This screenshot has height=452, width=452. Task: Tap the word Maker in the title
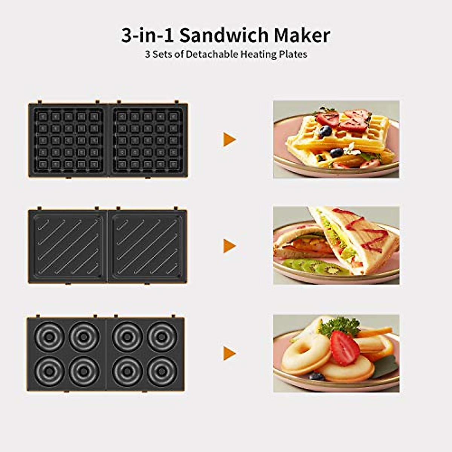pos(302,35)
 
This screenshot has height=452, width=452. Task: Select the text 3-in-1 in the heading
pos(148,35)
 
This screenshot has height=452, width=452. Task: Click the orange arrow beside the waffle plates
pos(229,139)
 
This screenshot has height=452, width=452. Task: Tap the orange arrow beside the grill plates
pos(229,246)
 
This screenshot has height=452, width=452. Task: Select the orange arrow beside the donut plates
pos(229,353)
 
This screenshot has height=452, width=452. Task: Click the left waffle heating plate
pos(68,140)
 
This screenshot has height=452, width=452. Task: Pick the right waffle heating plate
pos(148,140)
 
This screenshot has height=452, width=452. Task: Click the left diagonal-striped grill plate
pos(68,246)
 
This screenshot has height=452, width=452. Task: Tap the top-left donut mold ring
pos(50,336)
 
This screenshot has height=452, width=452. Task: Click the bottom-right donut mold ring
pos(162,371)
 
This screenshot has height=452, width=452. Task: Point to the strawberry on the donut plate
pos(344,348)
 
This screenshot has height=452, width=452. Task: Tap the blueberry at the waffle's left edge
pos(325,131)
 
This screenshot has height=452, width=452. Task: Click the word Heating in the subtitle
pos(258,54)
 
